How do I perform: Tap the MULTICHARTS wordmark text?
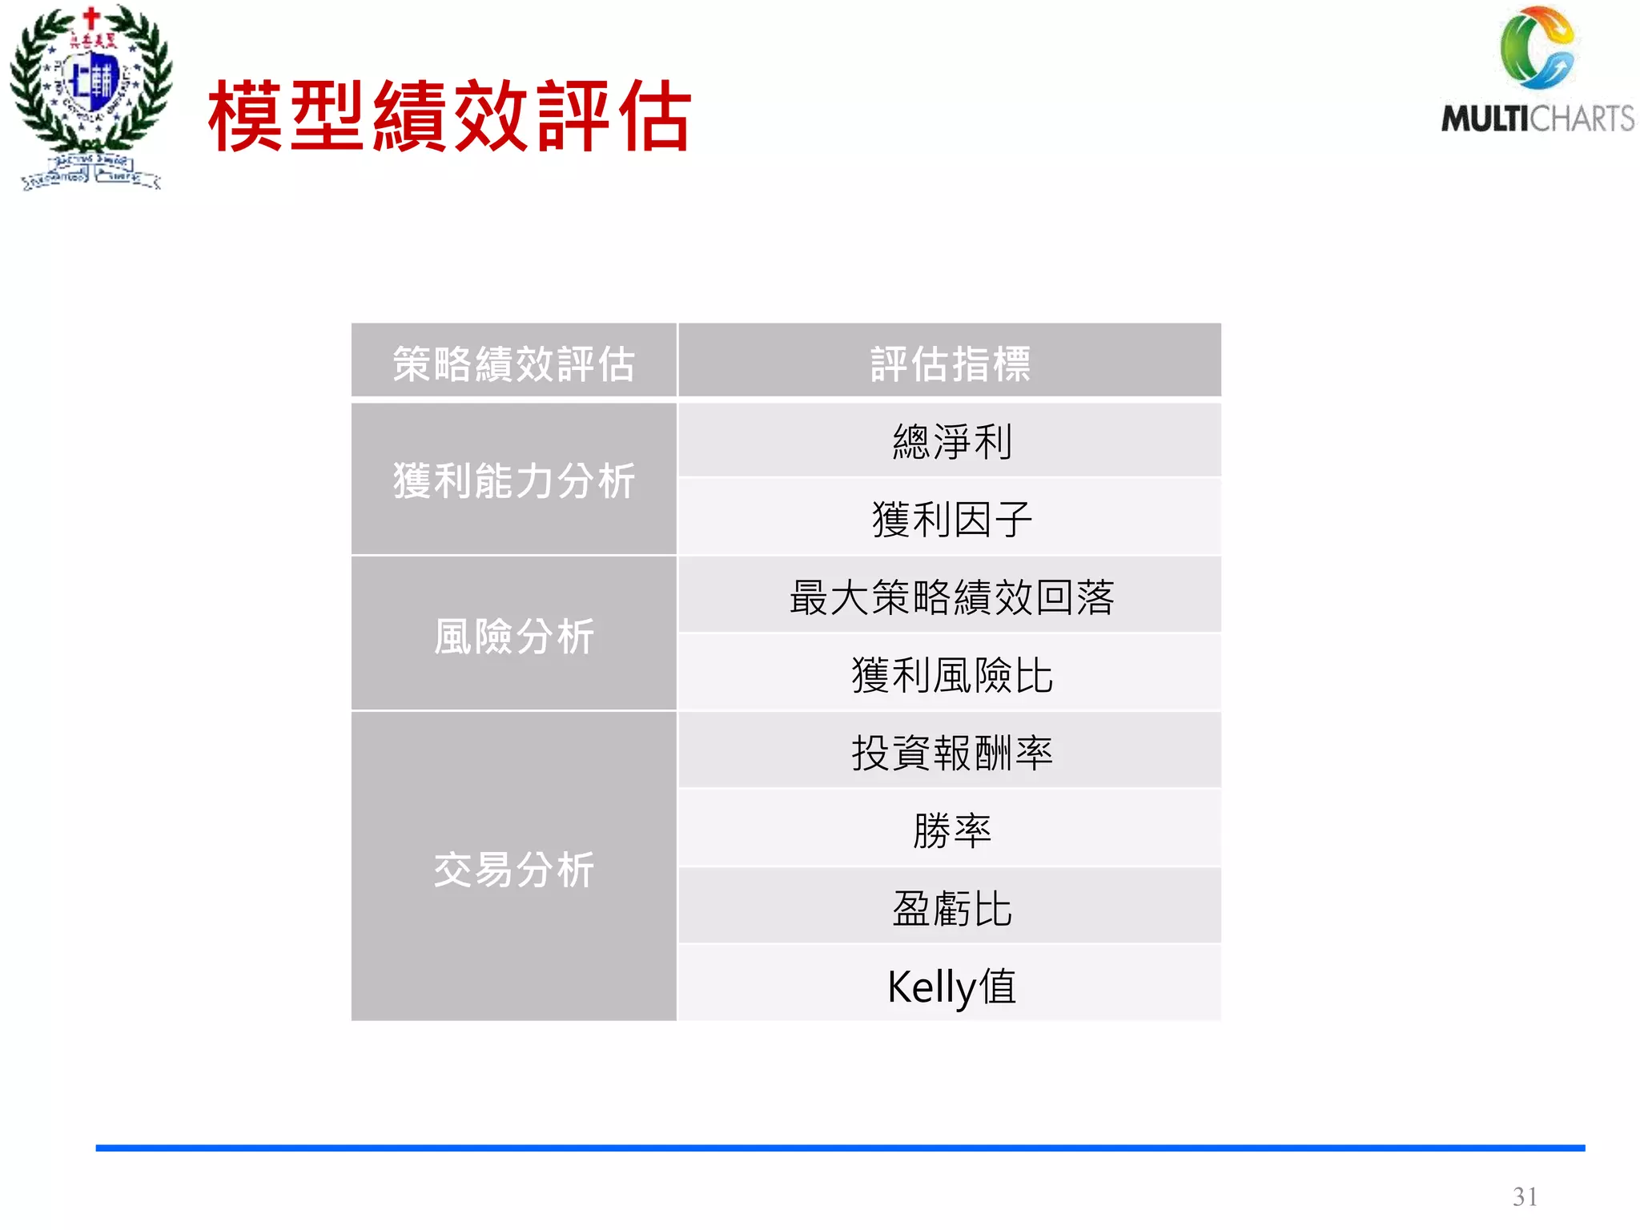click(1537, 119)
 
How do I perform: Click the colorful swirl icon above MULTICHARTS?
click(1537, 48)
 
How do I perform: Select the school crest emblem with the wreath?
click(90, 96)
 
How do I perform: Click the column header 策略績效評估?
click(513, 364)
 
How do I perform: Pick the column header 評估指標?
click(950, 364)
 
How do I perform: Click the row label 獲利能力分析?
click(513, 480)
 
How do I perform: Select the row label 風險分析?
click(513, 637)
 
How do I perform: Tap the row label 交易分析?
click(513, 869)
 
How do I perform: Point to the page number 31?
click(1524, 1196)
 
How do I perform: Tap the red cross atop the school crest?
click(92, 16)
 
